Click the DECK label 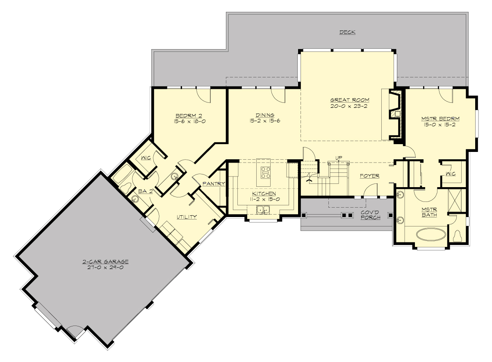pos(347,32)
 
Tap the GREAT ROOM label pos(350,100)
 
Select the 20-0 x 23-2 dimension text pos(350,106)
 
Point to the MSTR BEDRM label pos(440,119)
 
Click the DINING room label pos(265,115)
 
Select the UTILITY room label pos(187,217)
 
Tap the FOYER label pos(369,176)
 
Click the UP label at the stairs pos(339,158)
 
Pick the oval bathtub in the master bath pos(432,235)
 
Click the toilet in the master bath pos(458,236)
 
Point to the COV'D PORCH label pos(370,215)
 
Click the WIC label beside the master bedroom pos(450,174)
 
